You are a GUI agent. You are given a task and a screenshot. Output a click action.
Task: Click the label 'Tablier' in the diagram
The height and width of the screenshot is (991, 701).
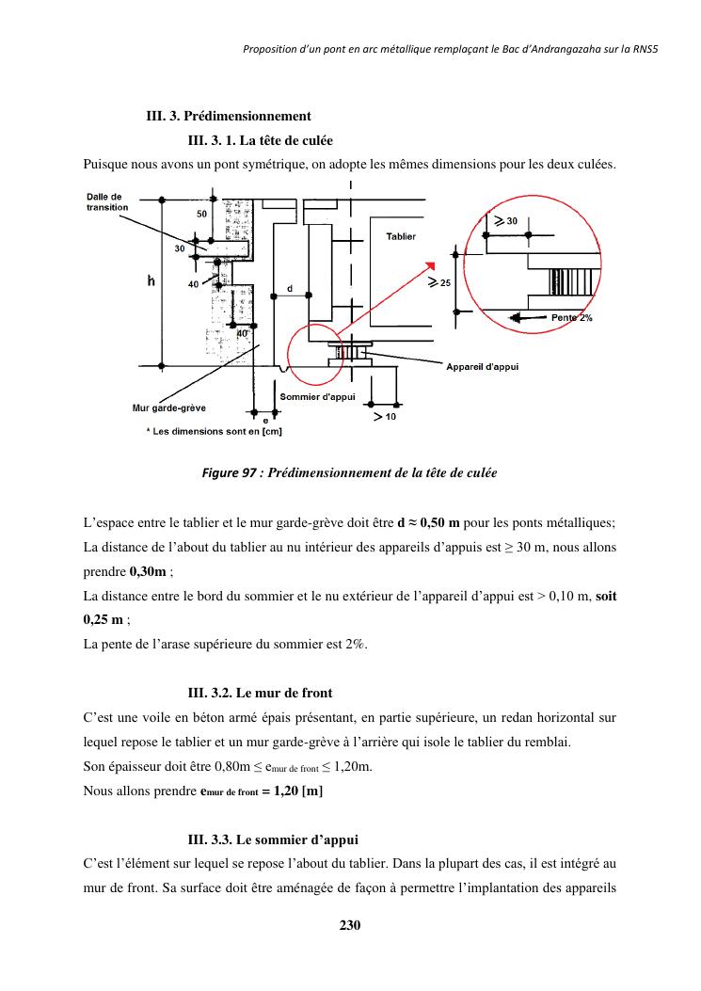coord(401,236)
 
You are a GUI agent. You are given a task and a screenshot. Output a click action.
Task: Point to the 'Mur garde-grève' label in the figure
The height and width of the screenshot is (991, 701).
coord(168,408)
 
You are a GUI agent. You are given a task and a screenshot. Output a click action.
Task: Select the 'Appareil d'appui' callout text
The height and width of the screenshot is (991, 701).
coord(482,367)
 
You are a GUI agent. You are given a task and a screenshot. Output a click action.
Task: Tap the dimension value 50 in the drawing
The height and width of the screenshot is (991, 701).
coord(201,215)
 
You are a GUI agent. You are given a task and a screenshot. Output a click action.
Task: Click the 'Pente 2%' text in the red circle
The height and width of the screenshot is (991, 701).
coord(571,318)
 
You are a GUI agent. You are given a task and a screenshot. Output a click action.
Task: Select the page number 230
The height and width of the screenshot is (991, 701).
coord(350,925)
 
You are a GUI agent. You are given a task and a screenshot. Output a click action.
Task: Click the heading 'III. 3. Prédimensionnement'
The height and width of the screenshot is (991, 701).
coord(228,117)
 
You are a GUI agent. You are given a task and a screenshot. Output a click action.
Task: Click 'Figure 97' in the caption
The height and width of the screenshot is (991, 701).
coord(230,472)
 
